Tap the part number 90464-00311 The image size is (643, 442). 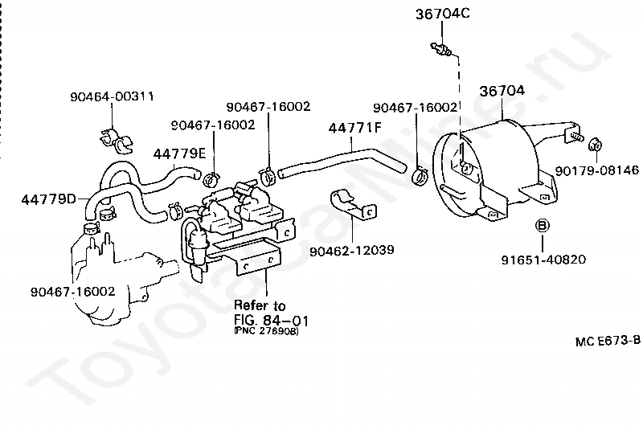click(112, 96)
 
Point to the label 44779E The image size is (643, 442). click(180, 153)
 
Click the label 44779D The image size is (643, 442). click(49, 197)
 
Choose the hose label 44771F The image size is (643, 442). click(354, 127)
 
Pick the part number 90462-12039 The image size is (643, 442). click(351, 250)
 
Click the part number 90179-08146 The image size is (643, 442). click(597, 170)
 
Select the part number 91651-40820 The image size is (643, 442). click(543, 260)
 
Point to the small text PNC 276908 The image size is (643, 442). click(265, 331)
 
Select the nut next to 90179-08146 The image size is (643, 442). click(596, 145)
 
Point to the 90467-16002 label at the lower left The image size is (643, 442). click(72, 291)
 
